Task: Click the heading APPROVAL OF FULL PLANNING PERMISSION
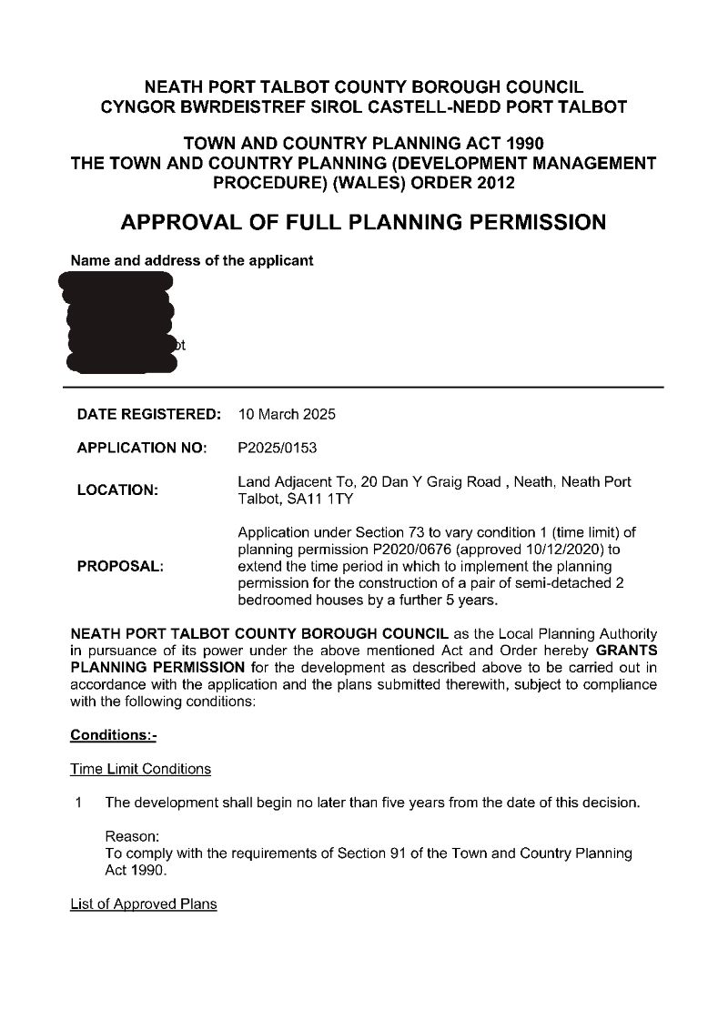364,222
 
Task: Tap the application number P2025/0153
278,448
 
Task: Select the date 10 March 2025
287,414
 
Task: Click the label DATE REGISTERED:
149,414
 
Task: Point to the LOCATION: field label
117,490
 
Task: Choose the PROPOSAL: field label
121,566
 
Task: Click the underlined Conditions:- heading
113,734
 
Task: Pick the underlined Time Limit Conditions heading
140,769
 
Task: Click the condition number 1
80,803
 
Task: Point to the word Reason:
132,836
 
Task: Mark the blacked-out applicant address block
120,323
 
